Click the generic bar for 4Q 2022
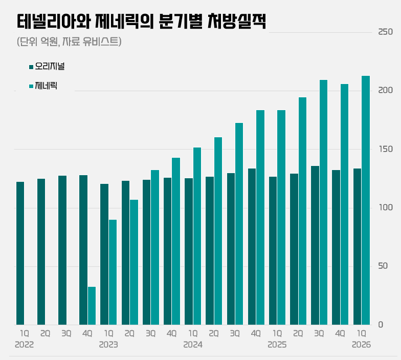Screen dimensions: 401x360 click(x=92, y=306)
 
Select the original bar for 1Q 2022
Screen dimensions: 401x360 click(x=20, y=253)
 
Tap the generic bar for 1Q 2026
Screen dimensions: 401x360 click(x=366, y=200)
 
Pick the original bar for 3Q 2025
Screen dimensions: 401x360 click(x=315, y=245)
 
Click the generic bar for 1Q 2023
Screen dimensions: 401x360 click(x=113, y=272)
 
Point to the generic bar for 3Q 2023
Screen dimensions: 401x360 click(x=155, y=247)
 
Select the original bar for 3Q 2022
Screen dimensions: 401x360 click(x=62, y=250)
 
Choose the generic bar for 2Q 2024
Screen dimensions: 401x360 click(x=218, y=231)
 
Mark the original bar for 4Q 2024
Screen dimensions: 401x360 click(x=252, y=247)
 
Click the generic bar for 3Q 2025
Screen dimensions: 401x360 click(x=323, y=202)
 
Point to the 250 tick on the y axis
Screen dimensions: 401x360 click(x=386, y=32)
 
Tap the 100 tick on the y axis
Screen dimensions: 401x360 click(x=386, y=207)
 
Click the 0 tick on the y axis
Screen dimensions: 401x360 click(x=381, y=325)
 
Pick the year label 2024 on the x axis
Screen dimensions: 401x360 click(x=193, y=345)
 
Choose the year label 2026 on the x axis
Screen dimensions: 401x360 click(x=361, y=345)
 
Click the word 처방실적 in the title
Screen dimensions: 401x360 click(x=237, y=22)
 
